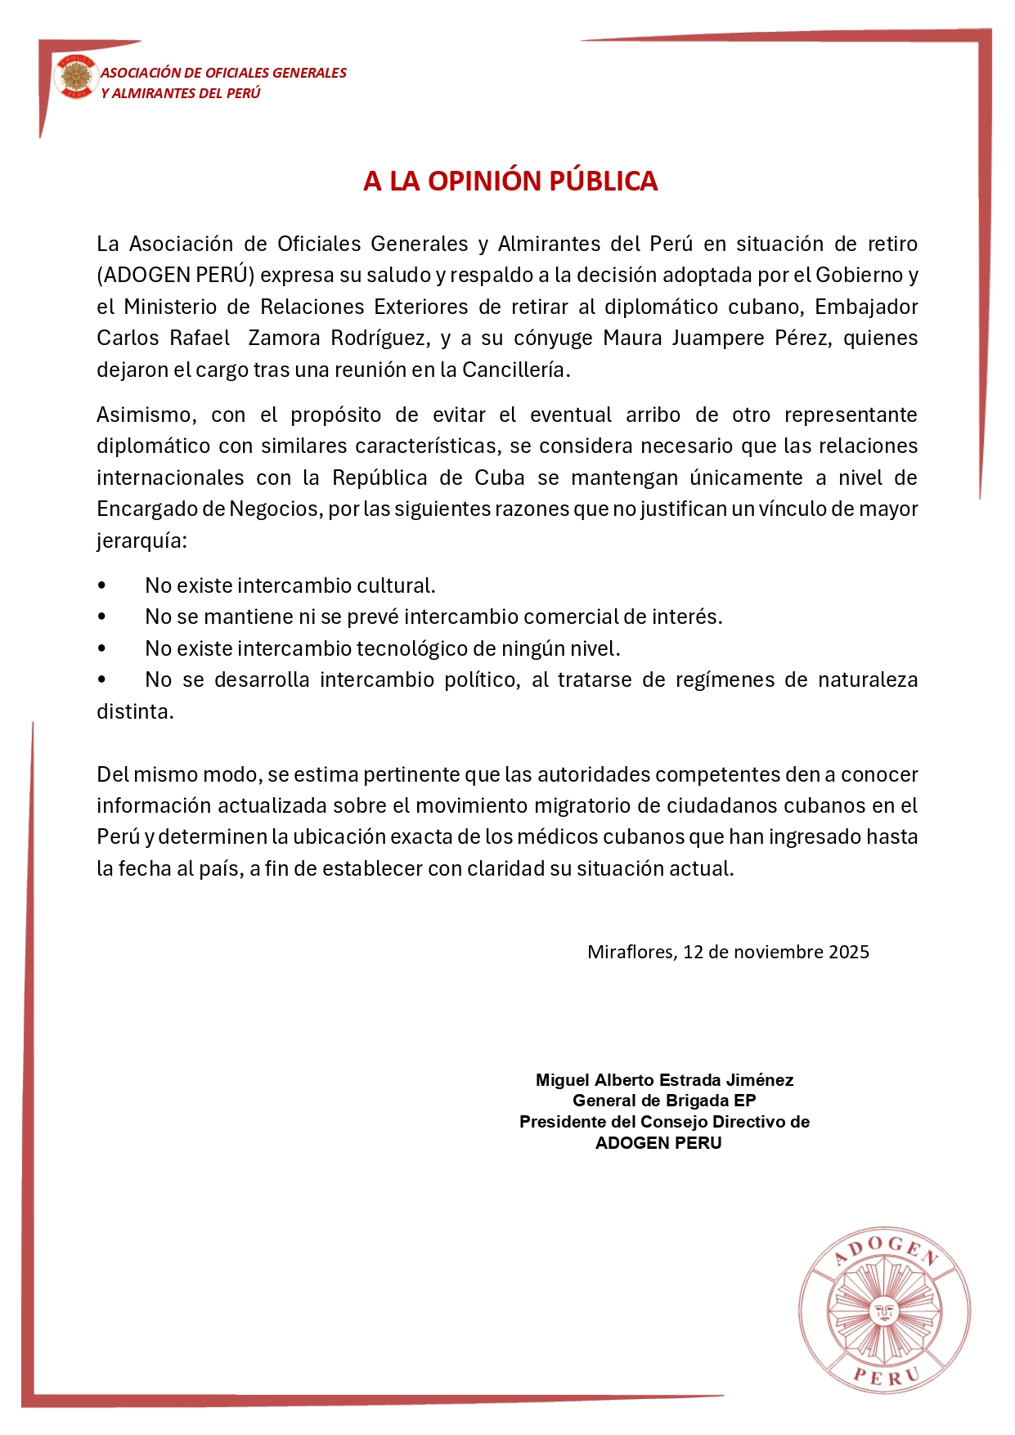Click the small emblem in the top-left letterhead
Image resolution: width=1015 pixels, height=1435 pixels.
pyautogui.click(x=75, y=78)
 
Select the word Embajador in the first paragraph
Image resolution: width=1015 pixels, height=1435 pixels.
pyautogui.click(x=866, y=307)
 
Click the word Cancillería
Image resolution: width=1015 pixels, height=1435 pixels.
pyautogui.click(x=515, y=370)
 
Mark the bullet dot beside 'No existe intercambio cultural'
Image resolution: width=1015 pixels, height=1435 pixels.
pyautogui.click(x=101, y=586)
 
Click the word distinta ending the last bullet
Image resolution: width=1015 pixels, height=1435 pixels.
pyautogui.click(x=134, y=711)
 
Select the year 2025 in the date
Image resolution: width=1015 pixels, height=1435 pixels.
pyautogui.click(x=848, y=952)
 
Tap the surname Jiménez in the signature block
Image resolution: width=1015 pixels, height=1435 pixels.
pyautogui.click(x=762, y=1080)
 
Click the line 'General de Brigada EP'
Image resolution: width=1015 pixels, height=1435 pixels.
pyautogui.click(x=663, y=1101)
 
